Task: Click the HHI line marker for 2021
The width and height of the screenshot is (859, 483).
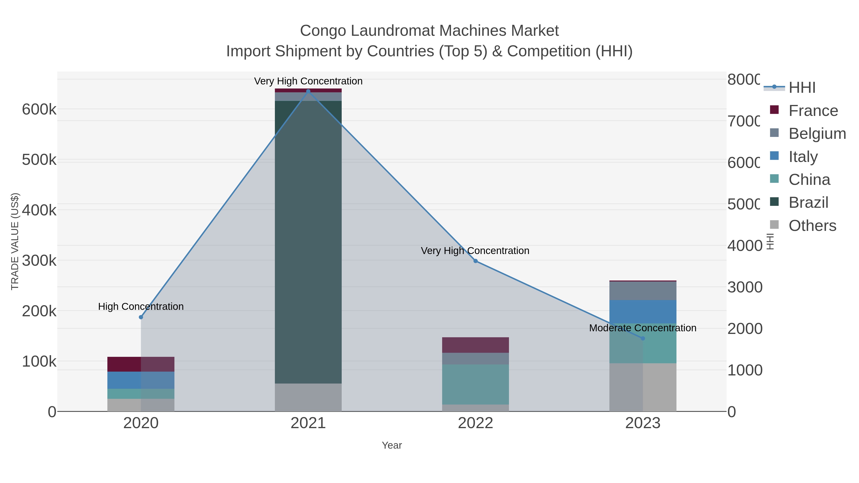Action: point(308,91)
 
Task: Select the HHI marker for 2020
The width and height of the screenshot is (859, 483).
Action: point(141,317)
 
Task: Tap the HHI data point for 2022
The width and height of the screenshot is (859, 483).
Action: point(476,261)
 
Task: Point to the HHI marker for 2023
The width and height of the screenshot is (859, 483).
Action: point(643,338)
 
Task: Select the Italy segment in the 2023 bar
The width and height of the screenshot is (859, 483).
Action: point(643,312)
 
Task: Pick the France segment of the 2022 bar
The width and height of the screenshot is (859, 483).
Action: point(476,345)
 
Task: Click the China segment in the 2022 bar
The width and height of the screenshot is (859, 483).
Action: point(476,384)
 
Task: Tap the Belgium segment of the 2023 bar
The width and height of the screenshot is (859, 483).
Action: point(643,291)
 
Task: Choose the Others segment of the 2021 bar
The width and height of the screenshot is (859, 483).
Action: point(308,397)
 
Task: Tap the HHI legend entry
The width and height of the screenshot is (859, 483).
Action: point(802,87)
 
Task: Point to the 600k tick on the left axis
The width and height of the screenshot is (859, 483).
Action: point(39,109)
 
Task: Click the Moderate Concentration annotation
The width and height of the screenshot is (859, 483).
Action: point(643,328)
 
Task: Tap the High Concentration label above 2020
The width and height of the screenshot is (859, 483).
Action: point(141,306)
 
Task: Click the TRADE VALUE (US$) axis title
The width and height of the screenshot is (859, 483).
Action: point(15,241)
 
